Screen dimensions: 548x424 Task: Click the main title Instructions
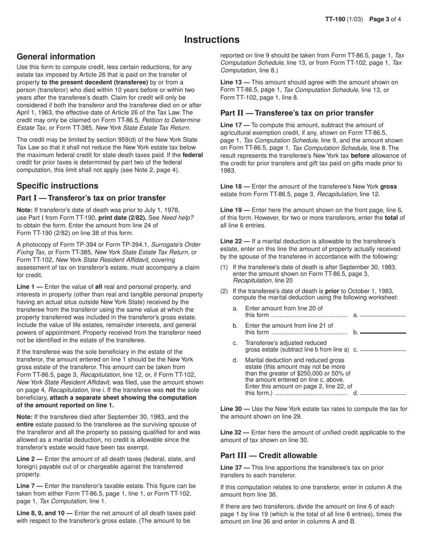pos(212,40)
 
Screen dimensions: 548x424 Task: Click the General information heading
pos(56,57)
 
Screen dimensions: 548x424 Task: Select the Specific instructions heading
pos(57,186)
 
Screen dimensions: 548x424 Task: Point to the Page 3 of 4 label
pos(385,19)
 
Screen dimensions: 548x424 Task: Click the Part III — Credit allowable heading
pos(269,455)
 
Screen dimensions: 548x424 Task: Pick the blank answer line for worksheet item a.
pos(383,316)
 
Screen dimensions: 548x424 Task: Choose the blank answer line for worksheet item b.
pos(383,333)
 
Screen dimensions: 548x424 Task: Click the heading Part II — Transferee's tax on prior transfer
pos(297,113)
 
